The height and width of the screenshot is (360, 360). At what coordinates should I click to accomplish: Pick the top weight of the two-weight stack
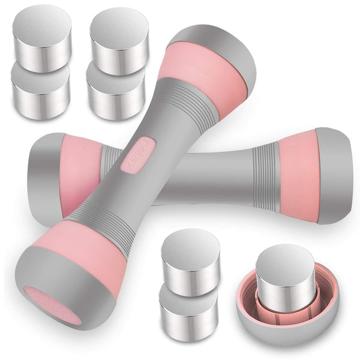point(190,255)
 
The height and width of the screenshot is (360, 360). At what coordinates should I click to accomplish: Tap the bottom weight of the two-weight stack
point(188,306)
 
